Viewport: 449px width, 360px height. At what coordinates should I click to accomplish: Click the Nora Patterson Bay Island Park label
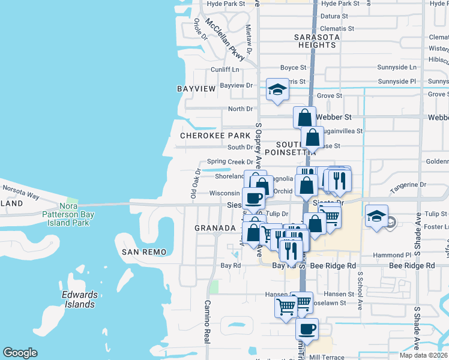pos(65,214)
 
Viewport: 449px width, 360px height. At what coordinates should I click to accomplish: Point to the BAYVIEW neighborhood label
pos(196,89)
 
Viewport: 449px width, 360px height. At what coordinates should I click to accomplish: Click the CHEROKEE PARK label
pos(215,136)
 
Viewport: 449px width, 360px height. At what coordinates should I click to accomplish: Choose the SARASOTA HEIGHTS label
pos(316,41)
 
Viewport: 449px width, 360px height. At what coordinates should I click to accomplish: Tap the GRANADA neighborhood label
pos(215,229)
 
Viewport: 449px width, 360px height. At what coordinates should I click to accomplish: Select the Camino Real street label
pos(207,320)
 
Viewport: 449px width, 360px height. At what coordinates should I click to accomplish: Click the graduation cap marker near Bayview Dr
pos(277,90)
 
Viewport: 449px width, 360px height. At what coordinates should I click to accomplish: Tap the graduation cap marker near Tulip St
pos(376,216)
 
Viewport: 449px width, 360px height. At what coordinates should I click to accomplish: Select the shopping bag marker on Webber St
pos(305,116)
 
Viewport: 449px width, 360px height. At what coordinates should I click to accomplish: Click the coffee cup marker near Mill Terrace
pos(307,329)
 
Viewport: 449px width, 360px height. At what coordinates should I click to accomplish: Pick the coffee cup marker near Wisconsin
pos(253,198)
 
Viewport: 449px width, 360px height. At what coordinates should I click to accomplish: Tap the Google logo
pos(20,353)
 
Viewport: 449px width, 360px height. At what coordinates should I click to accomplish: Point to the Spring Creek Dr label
pos(230,162)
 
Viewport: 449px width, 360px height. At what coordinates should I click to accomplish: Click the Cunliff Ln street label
pos(224,70)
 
